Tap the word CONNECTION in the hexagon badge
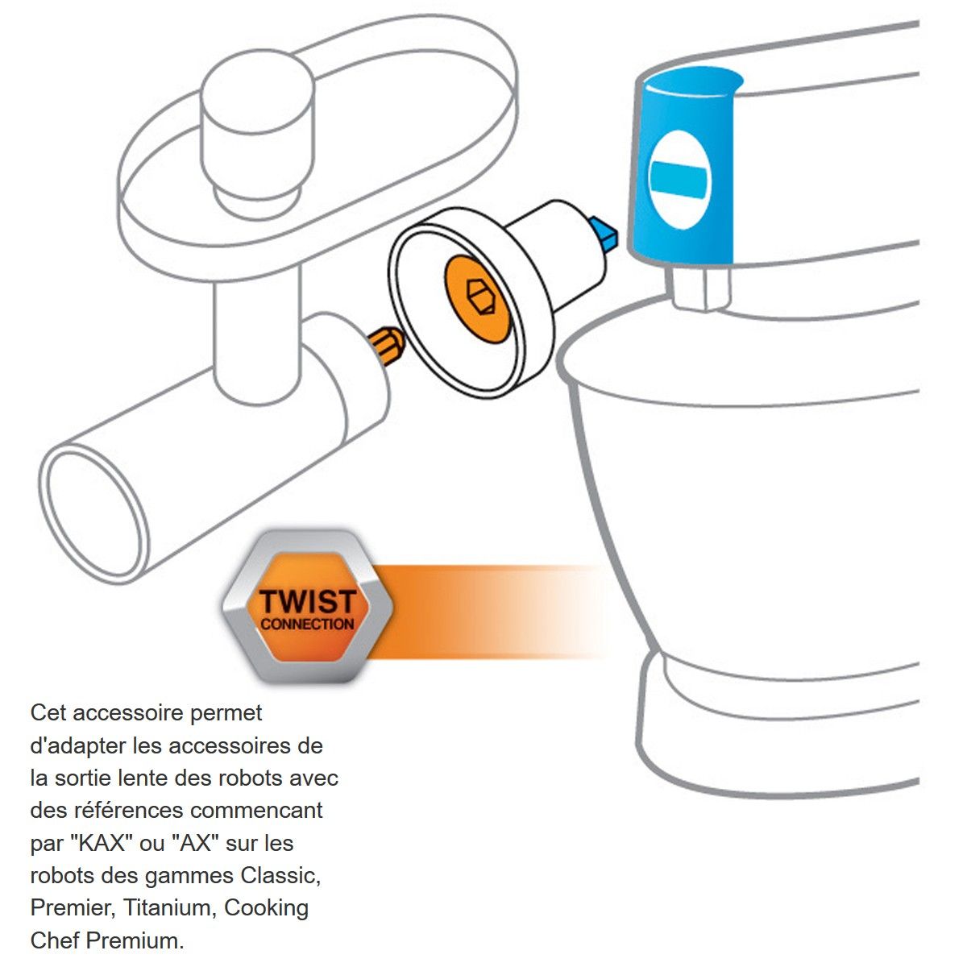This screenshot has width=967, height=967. coord(307,625)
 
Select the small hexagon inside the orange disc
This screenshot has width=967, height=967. coord(481,296)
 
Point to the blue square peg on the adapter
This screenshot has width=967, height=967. coord(604,233)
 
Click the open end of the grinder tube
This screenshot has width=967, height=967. coord(93,513)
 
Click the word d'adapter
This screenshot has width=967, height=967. coord(78,747)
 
